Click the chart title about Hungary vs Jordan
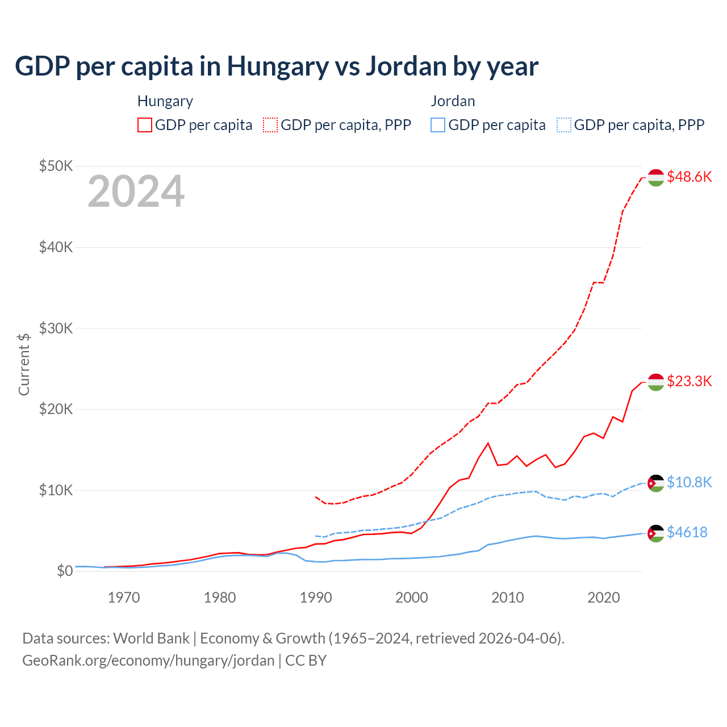tap(277, 66)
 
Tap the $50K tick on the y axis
tap(56, 166)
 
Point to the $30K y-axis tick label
tap(56, 328)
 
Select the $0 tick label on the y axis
tap(65, 571)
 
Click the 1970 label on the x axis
tap(124, 598)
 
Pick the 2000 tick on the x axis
tap(412, 598)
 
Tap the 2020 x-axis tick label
tap(603, 598)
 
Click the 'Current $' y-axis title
tap(24, 364)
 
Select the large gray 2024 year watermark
tap(136, 191)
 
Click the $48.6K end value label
tap(689, 177)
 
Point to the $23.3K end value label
tap(689, 381)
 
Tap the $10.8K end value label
tap(689, 482)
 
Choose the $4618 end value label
tap(687, 532)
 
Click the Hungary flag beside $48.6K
tap(656, 177)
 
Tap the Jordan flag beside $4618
tap(656, 533)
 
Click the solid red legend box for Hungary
tap(145, 125)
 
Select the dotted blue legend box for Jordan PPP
tap(564, 125)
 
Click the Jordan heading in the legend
tap(453, 101)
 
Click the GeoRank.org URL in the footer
tap(148, 661)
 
